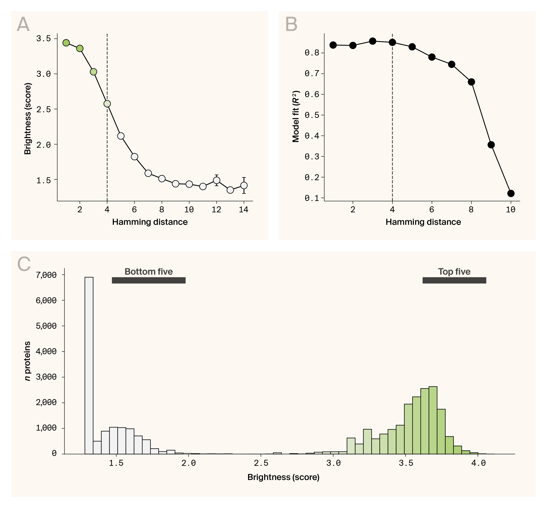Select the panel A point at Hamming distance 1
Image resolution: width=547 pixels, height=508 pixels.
(66, 43)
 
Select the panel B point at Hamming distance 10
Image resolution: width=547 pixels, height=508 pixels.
(511, 193)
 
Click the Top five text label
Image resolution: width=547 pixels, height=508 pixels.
(454, 272)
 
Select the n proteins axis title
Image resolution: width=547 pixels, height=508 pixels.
(27, 361)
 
